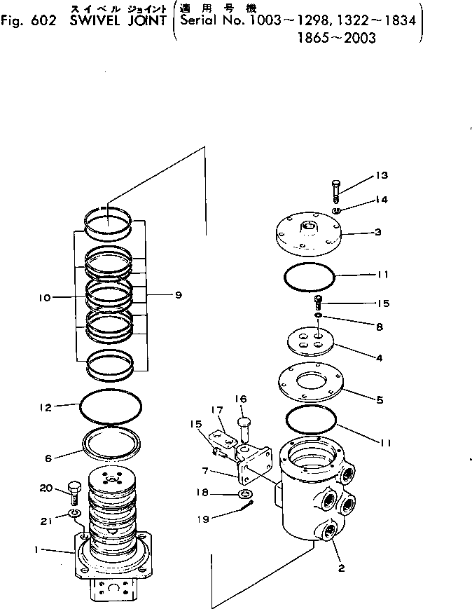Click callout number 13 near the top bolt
(381, 175)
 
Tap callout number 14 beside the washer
(381, 200)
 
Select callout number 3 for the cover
(377, 231)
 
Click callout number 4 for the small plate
(378, 357)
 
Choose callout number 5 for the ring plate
(379, 400)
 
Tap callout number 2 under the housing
(341, 568)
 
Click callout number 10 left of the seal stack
(46, 297)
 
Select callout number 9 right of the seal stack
(178, 295)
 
